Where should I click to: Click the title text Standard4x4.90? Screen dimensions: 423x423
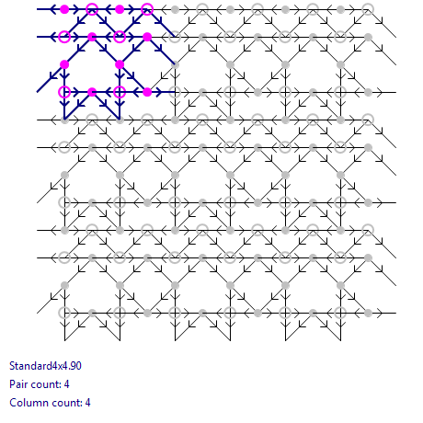(x=45, y=366)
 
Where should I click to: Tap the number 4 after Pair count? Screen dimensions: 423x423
(x=67, y=384)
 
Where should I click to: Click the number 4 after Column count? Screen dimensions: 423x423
(x=88, y=403)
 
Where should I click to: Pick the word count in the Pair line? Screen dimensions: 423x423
(x=44, y=384)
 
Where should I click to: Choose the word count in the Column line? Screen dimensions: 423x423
(x=64, y=403)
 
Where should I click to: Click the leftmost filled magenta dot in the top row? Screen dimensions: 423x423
(x=64, y=9)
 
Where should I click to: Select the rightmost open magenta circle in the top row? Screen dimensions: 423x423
(x=147, y=9)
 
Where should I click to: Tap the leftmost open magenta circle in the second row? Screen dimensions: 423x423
(x=64, y=37)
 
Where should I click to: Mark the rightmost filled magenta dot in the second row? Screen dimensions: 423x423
(x=147, y=37)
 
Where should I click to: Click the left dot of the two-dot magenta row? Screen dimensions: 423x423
(x=64, y=64)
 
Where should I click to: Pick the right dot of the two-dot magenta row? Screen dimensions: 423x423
(x=120, y=64)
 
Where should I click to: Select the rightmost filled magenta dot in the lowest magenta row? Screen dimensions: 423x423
(x=147, y=92)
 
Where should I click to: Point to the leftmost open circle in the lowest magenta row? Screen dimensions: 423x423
(x=64, y=92)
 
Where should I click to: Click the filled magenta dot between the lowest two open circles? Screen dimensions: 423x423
(x=92, y=92)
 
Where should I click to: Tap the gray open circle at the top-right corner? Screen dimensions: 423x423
(x=368, y=9)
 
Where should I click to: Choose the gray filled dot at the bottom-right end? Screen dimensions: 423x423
(x=368, y=313)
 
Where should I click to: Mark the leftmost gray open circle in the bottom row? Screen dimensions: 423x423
(x=64, y=313)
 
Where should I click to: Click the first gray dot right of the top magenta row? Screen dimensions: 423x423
(x=175, y=9)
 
